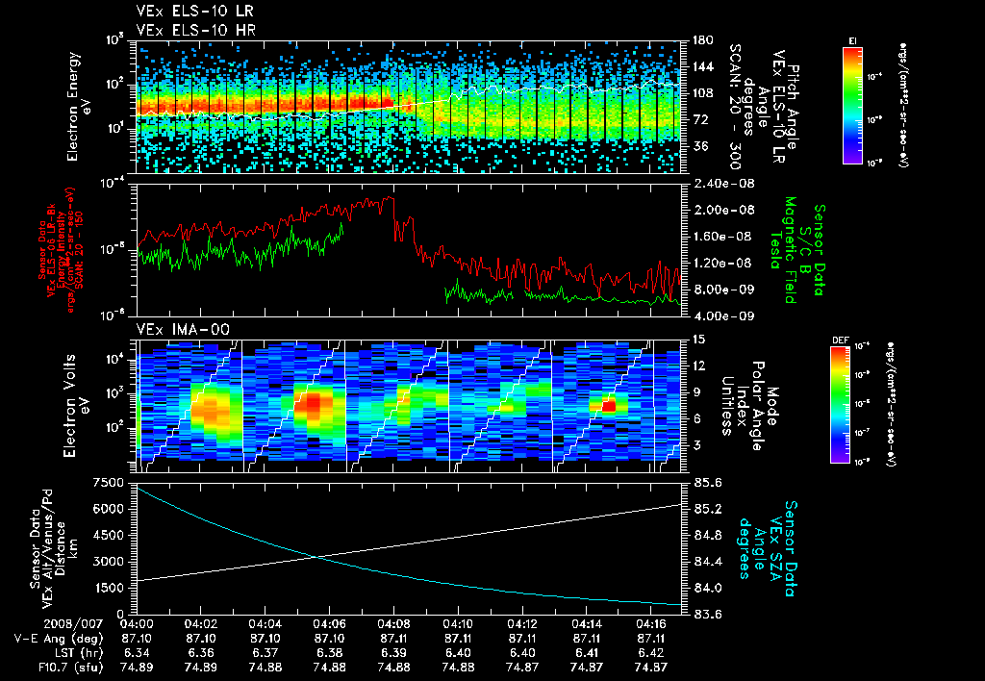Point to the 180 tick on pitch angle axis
[x=702, y=40]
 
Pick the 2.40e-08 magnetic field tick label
[x=718, y=183]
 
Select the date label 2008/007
[x=36, y=623]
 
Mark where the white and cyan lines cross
[x=316, y=556]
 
